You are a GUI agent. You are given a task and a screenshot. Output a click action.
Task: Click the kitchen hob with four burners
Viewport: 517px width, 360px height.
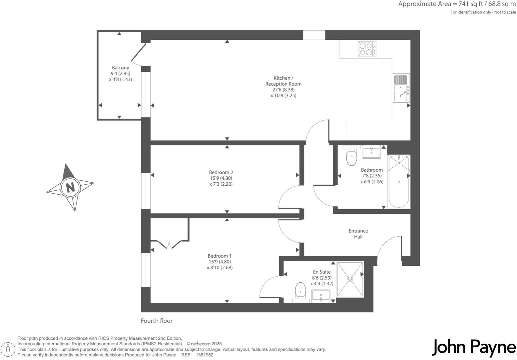click(367, 49)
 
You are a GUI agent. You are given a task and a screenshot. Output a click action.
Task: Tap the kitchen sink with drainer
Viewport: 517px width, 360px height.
click(401, 88)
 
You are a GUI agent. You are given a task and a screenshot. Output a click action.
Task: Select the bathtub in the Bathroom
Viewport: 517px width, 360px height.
click(398, 181)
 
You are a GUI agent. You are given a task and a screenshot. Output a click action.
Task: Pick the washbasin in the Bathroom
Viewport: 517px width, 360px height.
click(371, 153)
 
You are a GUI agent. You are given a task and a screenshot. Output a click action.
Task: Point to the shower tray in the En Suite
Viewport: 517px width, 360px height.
click(350, 279)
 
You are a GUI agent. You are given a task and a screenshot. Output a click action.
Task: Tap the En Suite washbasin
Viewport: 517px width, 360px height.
click(320, 296)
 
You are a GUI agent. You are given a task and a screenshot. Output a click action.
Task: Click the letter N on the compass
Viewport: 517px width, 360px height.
click(70, 188)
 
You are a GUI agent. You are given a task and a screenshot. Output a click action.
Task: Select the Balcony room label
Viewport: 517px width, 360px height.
click(120, 68)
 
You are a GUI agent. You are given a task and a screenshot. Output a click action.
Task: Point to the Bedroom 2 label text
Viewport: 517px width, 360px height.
click(221, 172)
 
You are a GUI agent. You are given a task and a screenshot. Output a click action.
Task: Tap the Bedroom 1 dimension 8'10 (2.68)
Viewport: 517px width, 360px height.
click(220, 267)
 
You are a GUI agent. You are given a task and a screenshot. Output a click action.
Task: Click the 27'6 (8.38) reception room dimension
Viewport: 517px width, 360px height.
click(283, 90)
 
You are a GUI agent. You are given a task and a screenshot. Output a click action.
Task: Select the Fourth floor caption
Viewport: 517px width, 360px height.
click(157, 321)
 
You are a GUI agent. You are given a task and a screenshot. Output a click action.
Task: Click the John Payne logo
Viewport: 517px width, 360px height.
click(474, 347)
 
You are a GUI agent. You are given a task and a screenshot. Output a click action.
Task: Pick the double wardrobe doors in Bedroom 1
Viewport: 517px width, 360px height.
click(170, 244)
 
